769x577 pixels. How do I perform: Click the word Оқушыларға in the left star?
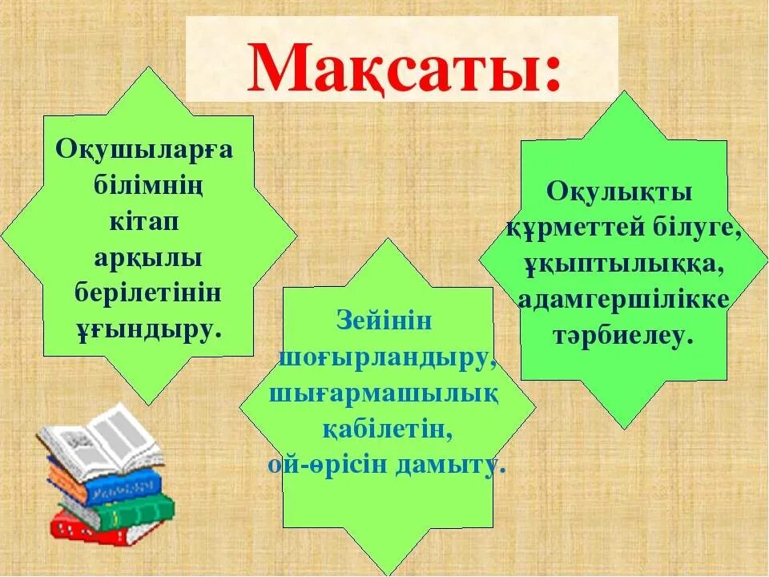click(143, 151)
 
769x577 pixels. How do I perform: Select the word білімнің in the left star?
click(148, 186)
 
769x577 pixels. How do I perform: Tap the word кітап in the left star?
click(135, 221)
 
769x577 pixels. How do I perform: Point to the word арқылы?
click(147, 257)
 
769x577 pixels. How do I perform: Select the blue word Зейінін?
click(384, 321)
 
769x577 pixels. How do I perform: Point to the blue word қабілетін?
click(388, 430)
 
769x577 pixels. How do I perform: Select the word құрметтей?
click(570, 228)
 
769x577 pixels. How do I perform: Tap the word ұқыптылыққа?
click(623, 264)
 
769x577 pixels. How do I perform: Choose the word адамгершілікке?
click(623, 300)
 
